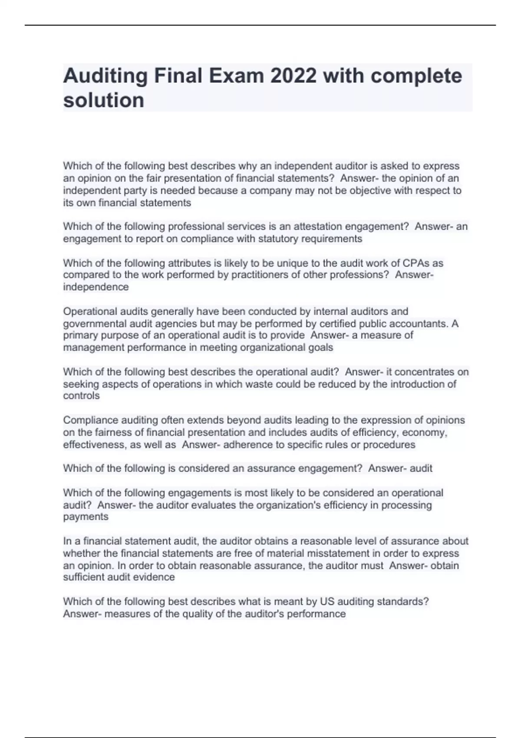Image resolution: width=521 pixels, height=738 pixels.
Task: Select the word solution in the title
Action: click(x=104, y=100)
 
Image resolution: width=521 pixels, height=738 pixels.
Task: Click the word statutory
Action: click(x=278, y=239)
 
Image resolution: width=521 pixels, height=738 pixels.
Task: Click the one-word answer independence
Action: click(x=96, y=287)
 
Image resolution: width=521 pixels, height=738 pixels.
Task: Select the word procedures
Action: click(x=389, y=445)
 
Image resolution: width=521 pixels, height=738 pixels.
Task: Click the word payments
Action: click(x=86, y=517)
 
